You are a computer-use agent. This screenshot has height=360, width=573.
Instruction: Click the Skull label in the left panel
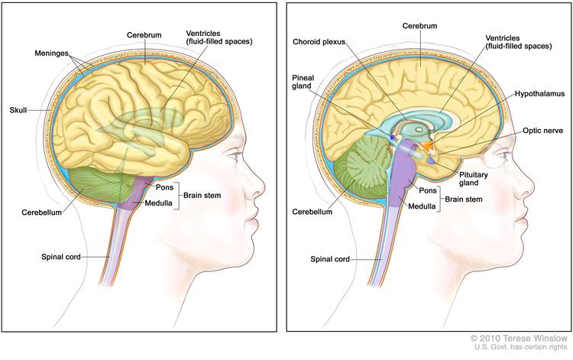click(x=18, y=109)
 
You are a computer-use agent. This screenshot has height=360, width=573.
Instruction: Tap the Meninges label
click(x=51, y=54)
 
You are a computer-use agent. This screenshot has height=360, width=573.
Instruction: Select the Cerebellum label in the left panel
click(x=42, y=212)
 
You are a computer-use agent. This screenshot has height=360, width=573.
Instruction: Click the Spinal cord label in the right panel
click(x=330, y=259)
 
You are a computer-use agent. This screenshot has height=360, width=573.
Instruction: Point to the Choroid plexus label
click(x=319, y=42)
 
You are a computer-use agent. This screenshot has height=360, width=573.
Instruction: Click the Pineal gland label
click(x=303, y=82)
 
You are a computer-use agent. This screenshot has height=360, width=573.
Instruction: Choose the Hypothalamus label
click(x=539, y=94)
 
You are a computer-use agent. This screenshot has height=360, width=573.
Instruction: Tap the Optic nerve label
click(x=542, y=131)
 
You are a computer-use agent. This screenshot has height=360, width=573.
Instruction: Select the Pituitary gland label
click(x=474, y=179)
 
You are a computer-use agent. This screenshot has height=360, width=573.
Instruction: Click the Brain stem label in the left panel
click(x=202, y=195)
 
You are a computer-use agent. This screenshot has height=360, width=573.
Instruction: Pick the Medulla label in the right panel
click(x=422, y=206)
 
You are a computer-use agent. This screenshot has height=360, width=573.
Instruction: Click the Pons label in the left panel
click(x=164, y=187)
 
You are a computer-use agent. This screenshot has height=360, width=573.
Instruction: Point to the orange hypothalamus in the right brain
click(x=426, y=145)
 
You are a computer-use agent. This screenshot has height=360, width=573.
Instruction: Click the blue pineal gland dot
click(x=393, y=137)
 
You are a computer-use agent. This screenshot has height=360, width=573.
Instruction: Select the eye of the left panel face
click(x=233, y=155)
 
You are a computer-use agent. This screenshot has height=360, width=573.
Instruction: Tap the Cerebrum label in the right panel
click(x=420, y=25)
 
